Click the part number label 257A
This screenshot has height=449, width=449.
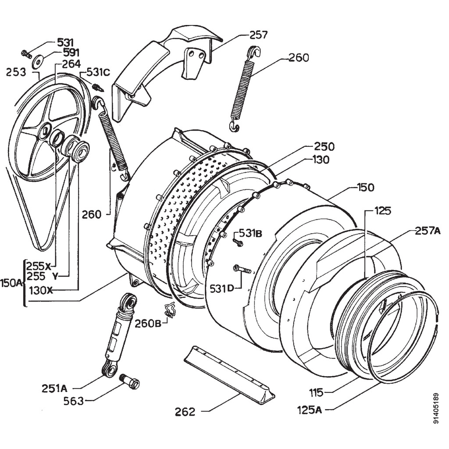tap(427, 231)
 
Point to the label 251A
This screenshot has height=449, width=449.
tap(54, 388)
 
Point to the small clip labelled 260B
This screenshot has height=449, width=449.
tap(169, 310)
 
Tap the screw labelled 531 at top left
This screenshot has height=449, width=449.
tap(26, 54)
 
